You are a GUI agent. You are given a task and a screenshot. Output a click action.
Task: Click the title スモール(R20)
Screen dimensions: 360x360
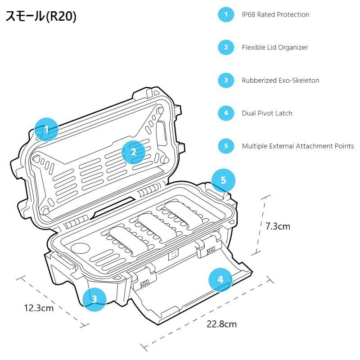pyautogui.click(x=41, y=17)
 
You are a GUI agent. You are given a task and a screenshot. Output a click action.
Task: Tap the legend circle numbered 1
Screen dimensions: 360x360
pyautogui.click(x=226, y=14)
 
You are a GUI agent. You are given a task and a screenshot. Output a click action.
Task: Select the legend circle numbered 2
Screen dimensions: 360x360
pyautogui.click(x=226, y=47)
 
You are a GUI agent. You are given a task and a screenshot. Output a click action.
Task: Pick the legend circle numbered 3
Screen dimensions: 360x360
pyautogui.click(x=226, y=81)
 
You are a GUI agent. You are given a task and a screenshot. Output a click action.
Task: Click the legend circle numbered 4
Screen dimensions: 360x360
pyautogui.click(x=226, y=113)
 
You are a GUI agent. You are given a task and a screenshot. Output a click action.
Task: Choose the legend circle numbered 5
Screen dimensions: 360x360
pyautogui.click(x=226, y=146)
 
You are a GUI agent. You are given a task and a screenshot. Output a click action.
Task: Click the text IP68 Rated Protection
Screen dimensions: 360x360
pyautogui.click(x=275, y=14)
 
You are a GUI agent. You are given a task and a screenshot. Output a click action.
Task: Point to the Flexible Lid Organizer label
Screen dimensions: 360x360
pyautogui.click(x=274, y=47)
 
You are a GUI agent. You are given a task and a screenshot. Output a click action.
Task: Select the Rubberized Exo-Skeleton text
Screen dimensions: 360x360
pyautogui.click(x=280, y=81)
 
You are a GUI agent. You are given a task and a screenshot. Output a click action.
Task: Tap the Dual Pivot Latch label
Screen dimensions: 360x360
pyautogui.click(x=267, y=113)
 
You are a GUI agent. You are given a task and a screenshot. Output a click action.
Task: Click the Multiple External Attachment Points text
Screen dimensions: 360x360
pyautogui.click(x=297, y=146)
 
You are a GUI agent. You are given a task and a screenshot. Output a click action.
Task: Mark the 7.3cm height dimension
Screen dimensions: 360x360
pyautogui.click(x=278, y=226)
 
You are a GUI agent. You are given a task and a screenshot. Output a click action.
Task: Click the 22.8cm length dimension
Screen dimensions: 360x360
pyautogui.click(x=221, y=324)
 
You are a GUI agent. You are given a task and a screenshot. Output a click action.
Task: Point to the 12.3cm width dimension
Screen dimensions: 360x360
pyautogui.click(x=39, y=308)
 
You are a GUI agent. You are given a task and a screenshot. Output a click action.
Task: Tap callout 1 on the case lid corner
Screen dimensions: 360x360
pyautogui.click(x=46, y=130)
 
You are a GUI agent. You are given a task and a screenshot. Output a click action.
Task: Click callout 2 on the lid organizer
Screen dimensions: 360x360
pyautogui.click(x=133, y=152)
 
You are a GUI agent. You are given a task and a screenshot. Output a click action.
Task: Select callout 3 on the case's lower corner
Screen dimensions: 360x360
pyautogui.click(x=94, y=298)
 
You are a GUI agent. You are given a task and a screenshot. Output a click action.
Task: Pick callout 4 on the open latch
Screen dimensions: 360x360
pyautogui.click(x=220, y=280)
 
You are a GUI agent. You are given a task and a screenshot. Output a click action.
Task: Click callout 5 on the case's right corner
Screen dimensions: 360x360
pyautogui.click(x=223, y=180)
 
